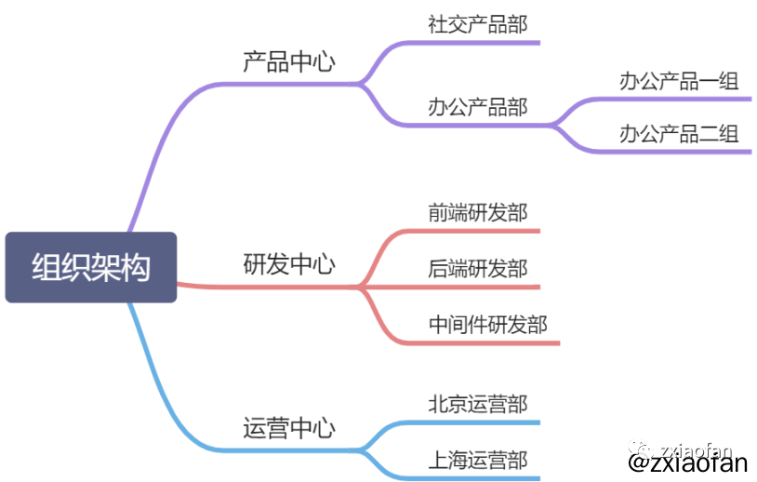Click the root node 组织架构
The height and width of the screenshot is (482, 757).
(90, 267)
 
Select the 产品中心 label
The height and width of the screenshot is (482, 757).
(288, 62)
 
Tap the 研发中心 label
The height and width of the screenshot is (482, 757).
(288, 264)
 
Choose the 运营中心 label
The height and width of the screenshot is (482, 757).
(288, 428)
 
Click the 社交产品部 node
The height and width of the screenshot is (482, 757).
(477, 24)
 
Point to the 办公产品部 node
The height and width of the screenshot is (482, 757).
(477, 106)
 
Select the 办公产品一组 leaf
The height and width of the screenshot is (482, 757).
(679, 81)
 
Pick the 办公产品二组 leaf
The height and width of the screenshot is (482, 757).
(679, 134)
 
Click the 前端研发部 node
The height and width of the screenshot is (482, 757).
(477, 213)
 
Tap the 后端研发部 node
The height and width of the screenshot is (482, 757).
(477, 269)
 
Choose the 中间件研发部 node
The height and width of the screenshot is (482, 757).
(487, 325)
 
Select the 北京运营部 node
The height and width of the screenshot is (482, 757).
(477, 404)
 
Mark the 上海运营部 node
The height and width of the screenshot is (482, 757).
(477, 460)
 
